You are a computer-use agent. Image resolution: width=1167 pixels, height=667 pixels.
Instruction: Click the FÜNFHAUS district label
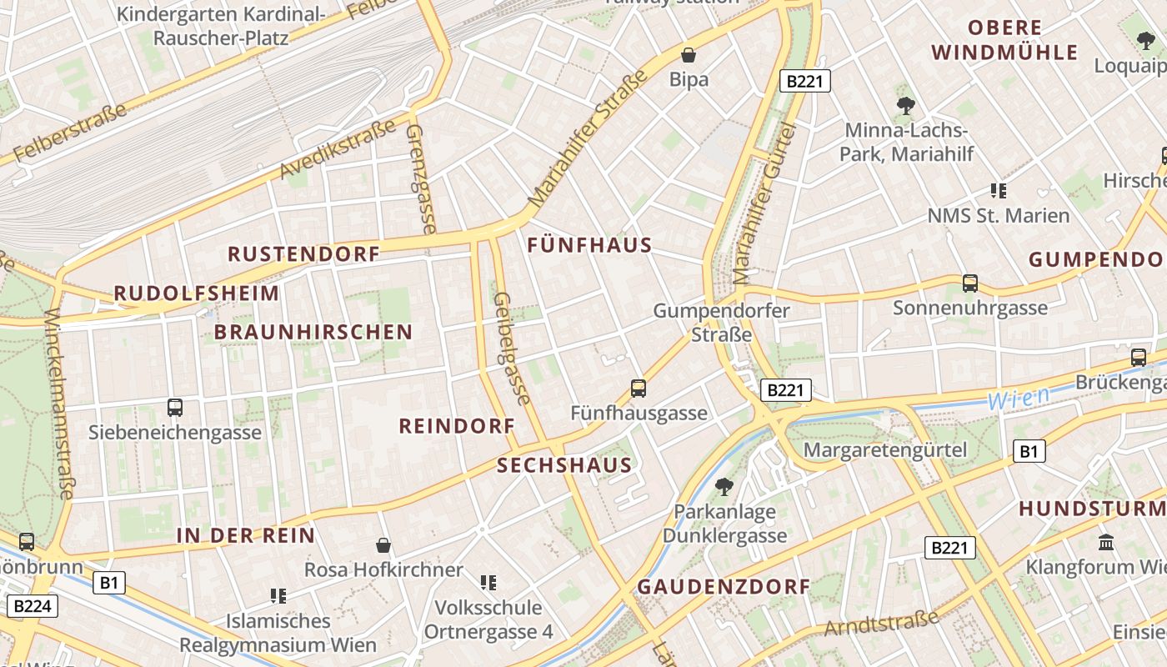point(589,245)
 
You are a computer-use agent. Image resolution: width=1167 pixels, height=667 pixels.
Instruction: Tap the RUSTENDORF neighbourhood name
point(303,254)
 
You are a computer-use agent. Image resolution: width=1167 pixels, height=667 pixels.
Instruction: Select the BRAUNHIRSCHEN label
point(313,332)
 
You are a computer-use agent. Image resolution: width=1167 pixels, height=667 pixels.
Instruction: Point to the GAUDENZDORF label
point(724,586)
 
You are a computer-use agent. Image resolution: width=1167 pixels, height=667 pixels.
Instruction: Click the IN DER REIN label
point(246,535)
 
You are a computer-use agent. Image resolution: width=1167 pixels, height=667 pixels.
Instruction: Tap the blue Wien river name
point(1018,398)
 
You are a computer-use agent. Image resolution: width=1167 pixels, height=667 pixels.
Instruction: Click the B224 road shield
point(33,606)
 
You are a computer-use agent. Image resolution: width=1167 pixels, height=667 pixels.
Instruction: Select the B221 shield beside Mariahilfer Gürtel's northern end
point(805,81)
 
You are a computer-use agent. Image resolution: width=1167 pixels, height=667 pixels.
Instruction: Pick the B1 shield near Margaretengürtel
point(1029,452)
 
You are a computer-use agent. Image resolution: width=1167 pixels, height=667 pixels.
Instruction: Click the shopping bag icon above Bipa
point(689,56)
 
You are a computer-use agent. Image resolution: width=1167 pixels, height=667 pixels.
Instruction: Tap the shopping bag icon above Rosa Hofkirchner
point(383,545)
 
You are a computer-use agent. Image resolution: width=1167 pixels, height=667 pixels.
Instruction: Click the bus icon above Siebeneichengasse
point(175,408)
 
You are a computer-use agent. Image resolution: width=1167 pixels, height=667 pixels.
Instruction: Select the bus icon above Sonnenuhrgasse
point(970,283)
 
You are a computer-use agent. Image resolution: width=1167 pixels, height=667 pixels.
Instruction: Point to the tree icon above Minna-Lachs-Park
point(906,106)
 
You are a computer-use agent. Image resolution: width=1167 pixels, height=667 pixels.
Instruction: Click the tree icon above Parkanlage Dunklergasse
point(724,486)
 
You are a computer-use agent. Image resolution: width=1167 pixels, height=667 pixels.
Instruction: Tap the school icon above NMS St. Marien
point(999,190)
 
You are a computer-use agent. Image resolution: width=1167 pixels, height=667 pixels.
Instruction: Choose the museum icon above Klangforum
point(1106,542)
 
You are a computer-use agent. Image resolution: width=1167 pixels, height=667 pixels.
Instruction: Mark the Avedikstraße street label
point(338,150)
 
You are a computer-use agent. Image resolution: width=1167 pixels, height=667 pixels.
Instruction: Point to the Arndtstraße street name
point(882,622)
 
